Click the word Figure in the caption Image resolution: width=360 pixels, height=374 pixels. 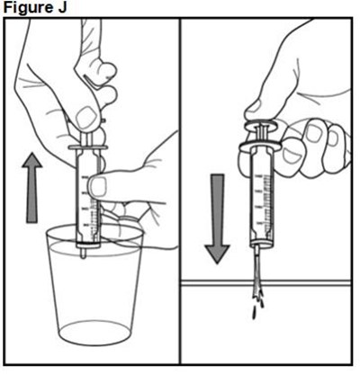26,8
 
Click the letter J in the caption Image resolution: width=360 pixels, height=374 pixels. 61,7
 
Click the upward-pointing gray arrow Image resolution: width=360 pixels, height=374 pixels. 31,188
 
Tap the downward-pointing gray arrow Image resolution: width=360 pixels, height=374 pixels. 218,218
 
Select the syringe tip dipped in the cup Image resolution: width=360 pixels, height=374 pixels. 84,253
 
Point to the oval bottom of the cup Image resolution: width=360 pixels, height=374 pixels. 95,333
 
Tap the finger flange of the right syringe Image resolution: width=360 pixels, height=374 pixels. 260,145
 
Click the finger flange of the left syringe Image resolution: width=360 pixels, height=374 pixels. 88,147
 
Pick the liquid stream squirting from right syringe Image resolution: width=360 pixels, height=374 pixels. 258,272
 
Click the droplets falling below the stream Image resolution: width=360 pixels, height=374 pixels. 258,308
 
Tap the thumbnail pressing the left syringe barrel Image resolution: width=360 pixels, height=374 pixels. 99,186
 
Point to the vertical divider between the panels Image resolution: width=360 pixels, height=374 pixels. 180,191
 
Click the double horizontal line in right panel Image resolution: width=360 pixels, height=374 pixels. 265,282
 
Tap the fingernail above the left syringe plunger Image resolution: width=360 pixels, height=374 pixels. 85,117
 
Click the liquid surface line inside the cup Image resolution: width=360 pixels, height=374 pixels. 95,249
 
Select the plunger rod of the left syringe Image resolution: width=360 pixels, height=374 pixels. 87,138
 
